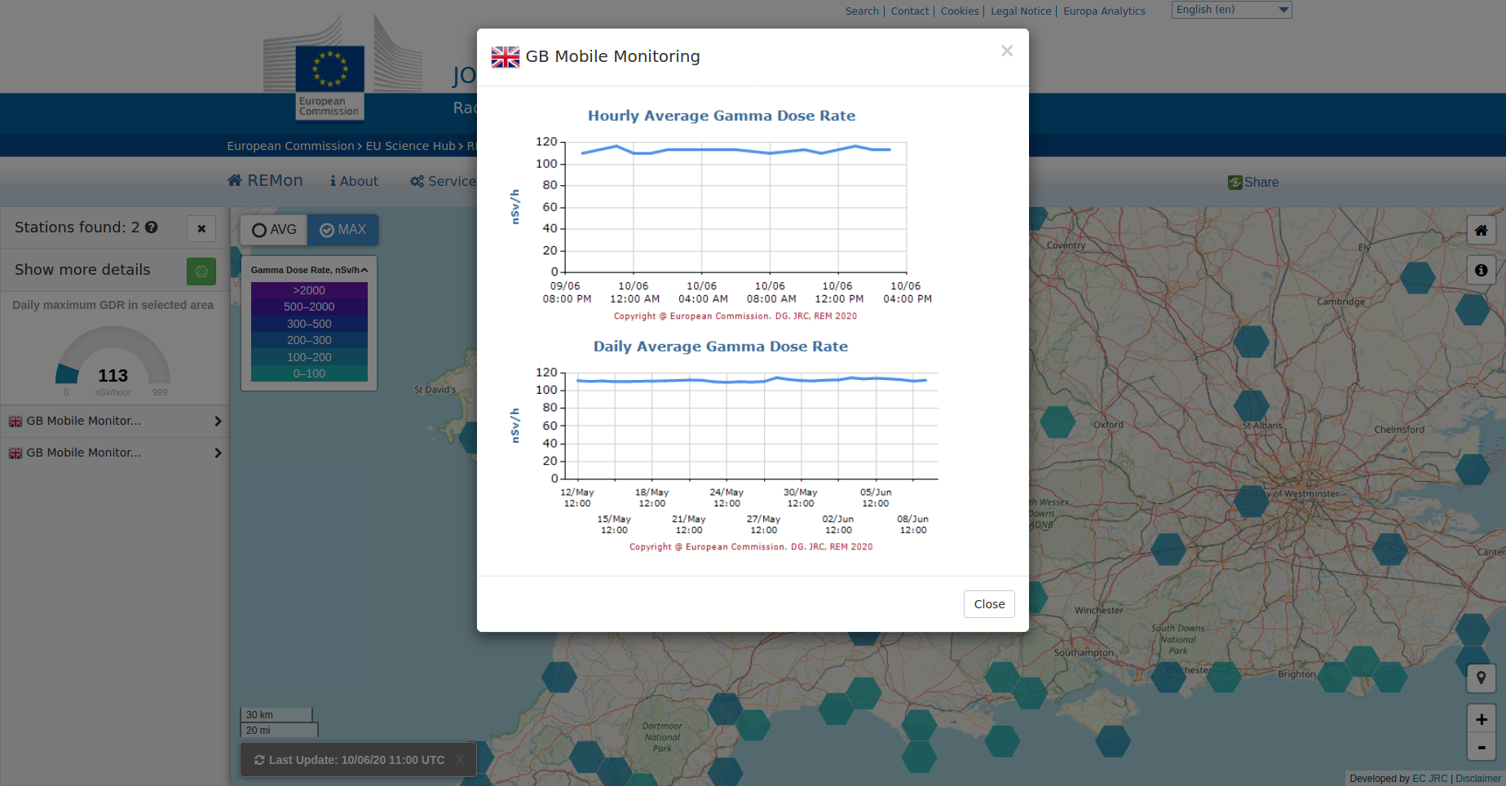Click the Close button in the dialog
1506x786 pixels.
[988, 604]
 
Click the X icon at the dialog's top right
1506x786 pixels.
[1007, 51]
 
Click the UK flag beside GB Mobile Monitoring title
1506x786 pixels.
[505, 57]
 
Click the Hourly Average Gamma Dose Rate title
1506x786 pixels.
[721, 116]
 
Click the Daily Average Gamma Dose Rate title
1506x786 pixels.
[720, 347]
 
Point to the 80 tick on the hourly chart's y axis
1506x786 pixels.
[550, 185]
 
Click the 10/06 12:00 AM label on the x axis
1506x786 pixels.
[634, 292]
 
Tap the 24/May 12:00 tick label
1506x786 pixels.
[727, 497]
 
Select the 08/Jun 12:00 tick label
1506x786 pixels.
[912, 524]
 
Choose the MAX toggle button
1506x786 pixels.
[342, 230]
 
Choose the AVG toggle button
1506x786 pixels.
[274, 230]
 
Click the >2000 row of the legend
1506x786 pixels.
[309, 290]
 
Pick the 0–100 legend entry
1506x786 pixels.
[309, 373]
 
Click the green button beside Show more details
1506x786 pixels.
[201, 271]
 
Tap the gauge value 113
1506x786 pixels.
[113, 376]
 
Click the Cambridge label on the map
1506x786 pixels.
[1340, 302]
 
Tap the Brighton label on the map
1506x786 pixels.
[1296, 674]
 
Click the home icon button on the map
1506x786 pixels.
[1481, 231]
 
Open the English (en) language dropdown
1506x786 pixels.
[1231, 10]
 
